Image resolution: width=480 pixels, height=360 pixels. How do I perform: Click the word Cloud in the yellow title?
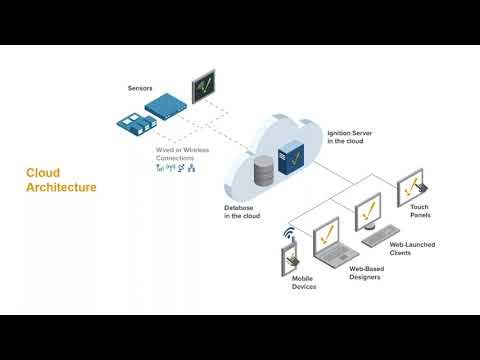click(43, 172)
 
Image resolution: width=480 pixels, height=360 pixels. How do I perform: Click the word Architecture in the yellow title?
click(61, 187)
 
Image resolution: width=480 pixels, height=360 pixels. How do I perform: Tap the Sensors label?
click(141, 89)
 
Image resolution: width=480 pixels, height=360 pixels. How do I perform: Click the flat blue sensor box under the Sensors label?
click(164, 103)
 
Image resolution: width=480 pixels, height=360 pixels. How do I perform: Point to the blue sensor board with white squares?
click(137, 123)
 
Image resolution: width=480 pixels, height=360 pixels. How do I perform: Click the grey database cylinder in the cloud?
click(265, 172)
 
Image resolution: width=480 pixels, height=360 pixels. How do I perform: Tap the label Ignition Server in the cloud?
click(351, 136)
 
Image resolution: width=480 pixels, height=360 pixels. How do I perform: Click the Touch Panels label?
click(420, 211)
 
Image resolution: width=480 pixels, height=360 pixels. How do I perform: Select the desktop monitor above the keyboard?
click(370, 211)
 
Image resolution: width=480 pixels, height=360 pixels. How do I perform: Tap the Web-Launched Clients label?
click(405, 249)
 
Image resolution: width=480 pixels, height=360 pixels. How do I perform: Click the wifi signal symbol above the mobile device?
click(289, 235)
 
